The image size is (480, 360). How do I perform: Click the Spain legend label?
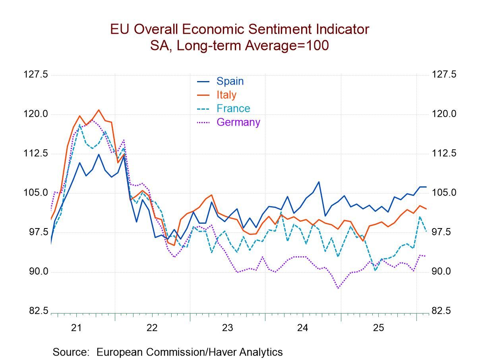pyautogui.click(x=230, y=81)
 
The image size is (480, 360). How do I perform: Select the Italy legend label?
pyautogui.click(x=226, y=95)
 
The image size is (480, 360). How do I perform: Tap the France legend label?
pyautogui.click(x=233, y=108)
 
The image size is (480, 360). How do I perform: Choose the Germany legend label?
pyautogui.click(x=238, y=122)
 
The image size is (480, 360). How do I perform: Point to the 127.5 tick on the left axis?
pyautogui.click(x=36, y=75)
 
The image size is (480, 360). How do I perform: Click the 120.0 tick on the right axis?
pyautogui.click(x=444, y=114)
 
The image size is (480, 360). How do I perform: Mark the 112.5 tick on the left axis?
pyautogui.click(x=36, y=153)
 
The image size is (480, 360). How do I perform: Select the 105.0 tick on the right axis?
pyautogui.click(x=444, y=193)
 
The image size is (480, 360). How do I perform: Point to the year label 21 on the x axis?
pyautogui.click(x=76, y=328)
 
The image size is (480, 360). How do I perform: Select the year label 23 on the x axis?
pyautogui.click(x=227, y=328)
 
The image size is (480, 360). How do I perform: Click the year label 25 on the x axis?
pyautogui.click(x=378, y=328)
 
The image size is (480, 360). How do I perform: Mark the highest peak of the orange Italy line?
pyautogui.click(x=99, y=110)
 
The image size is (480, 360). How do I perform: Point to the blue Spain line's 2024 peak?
pyautogui.click(x=319, y=182)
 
